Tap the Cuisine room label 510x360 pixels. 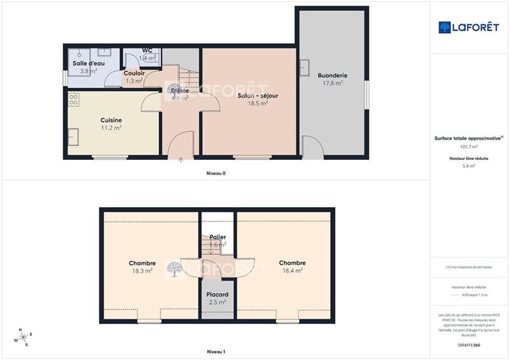click(x=111, y=120)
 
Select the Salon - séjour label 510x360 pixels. click(x=258, y=96)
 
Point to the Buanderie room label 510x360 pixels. click(x=331, y=75)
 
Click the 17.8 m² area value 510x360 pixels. click(x=331, y=83)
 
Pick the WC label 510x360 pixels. click(x=147, y=50)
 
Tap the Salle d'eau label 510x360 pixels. click(x=88, y=64)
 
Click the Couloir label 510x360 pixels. click(x=134, y=73)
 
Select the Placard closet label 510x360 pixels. click(x=217, y=294)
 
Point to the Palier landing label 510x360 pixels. click(x=217, y=237)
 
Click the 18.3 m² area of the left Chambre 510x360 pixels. click(x=142, y=271)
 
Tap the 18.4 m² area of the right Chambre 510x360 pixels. click(x=291, y=270)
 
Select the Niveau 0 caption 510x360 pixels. click(x=215, y=173)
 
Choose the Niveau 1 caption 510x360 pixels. click(x=215, y=352)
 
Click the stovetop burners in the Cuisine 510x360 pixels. click(x=73, y=99)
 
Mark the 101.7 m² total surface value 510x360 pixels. click(x=469, y=146)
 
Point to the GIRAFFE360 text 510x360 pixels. click(x=469, y=344)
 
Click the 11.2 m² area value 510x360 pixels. click(x=111, y=127)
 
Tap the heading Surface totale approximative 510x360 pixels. click(x=469, y=138)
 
